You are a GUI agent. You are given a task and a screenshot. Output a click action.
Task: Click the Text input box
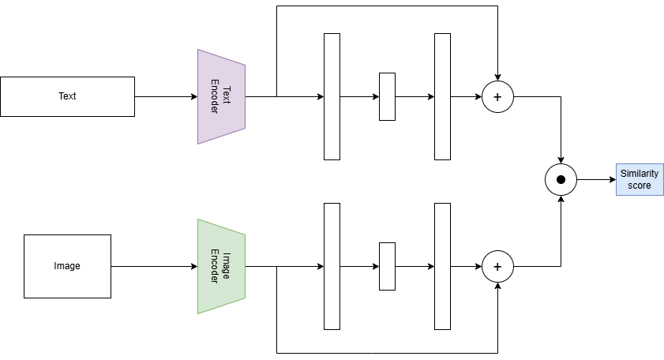coord(67,96)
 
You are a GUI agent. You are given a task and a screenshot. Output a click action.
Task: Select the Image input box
coord(67,266)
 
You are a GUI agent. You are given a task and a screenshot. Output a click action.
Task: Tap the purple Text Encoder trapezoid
coord(222,96)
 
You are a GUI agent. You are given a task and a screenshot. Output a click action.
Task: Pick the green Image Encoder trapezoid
coord(222,266)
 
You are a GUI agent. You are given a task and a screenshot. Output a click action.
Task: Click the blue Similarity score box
coord(640,179)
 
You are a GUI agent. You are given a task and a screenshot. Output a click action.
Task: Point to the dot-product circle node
coord(561,179)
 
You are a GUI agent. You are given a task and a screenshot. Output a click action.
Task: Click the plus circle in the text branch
coord(497,96)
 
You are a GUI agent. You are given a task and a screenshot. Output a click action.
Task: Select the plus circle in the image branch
coord(497,266)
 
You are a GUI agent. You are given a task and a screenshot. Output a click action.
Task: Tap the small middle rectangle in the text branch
coord(387,96)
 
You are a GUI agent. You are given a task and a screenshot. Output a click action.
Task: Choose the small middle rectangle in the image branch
coord(387,266)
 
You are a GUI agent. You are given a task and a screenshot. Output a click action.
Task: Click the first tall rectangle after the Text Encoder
coord(332,96)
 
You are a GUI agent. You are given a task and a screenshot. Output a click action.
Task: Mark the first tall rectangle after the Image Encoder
coord(332,266)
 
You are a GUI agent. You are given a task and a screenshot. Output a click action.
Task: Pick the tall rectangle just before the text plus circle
coord(442,96)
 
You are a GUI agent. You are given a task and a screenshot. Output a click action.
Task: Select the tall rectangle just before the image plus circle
coord(442,266)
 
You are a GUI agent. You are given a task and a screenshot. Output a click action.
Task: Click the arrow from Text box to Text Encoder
coord(166,96)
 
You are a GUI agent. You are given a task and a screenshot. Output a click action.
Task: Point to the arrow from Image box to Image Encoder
coord(154,266)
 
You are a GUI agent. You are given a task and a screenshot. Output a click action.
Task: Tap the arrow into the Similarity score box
coord(596,179)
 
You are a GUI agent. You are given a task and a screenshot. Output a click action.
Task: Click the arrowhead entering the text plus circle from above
coord(497,77)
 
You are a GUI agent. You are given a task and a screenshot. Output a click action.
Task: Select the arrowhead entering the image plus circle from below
coord(497,286)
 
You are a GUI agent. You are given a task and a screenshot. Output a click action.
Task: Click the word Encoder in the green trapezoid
coord(215,266)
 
